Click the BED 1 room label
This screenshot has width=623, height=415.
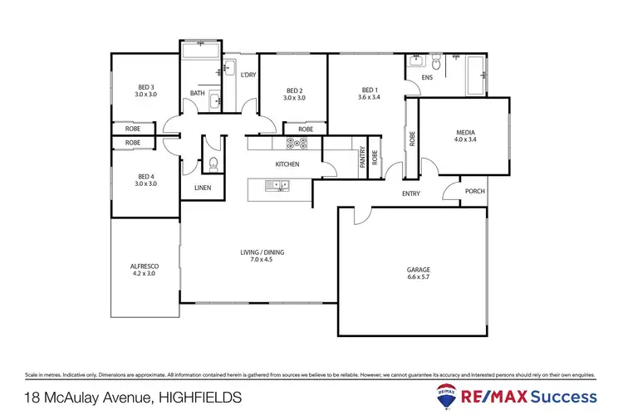(x=370, y=90)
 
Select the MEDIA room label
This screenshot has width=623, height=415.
(x=465, y=132)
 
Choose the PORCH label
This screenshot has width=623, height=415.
(x=475, y=192)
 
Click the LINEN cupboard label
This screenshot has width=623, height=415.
(x=203, y=188)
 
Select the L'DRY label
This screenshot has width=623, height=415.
(x=248, y=76)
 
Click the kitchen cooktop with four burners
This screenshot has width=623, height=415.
(x=297, y=144)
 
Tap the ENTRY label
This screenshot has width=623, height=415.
(x=410, y=194)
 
